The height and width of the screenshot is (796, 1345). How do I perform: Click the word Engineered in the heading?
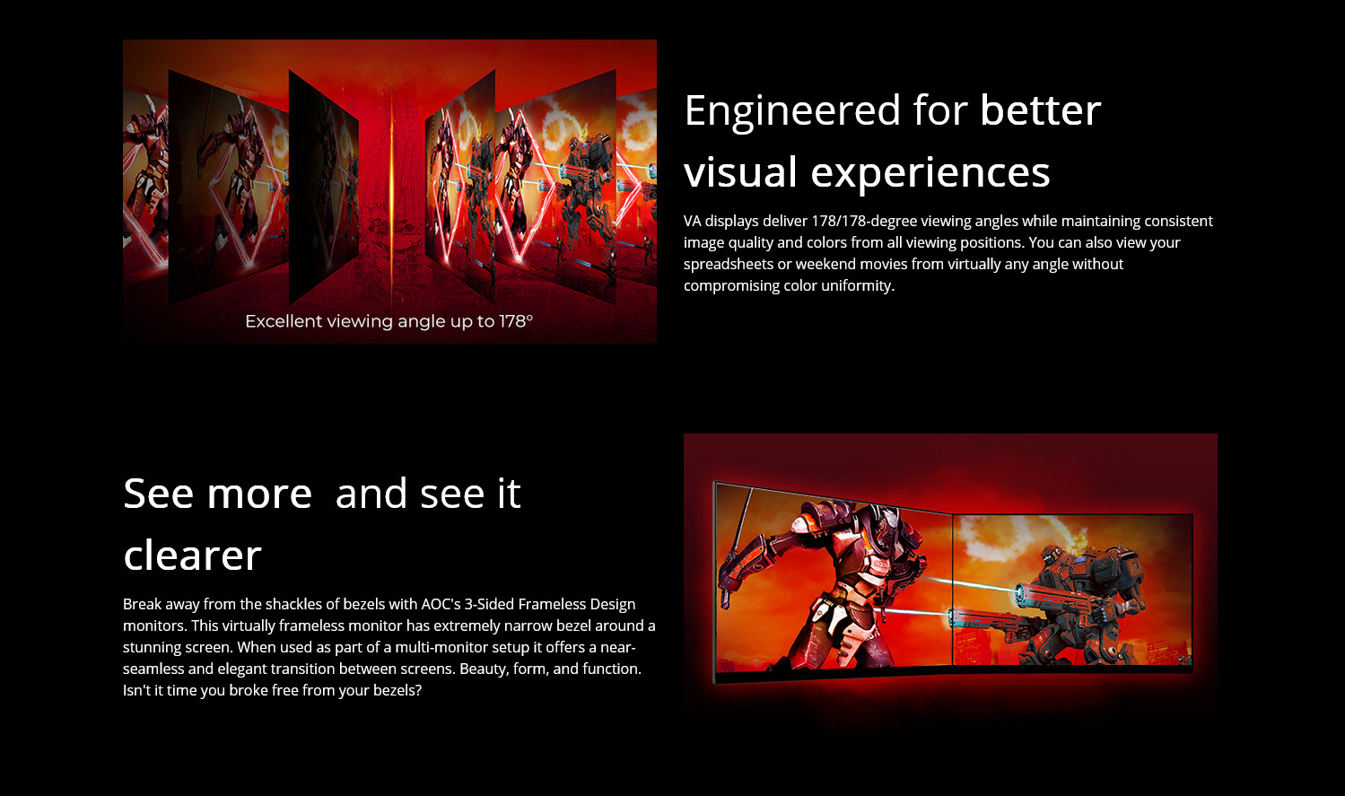pyautogui.click(x=792, y=111)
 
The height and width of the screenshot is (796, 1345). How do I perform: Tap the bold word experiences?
pyautogui.click(x=930, y=173)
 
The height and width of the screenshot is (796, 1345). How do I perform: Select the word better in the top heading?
pyautogui.click(x=1041, y=110)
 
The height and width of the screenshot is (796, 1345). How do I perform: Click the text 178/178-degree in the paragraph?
pyautogui.click(x=864, y=222)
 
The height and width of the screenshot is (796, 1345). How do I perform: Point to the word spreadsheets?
pyautogui.click(x=729, y=265)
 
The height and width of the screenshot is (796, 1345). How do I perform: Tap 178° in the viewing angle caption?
pyautogui.click(x=516, y=321)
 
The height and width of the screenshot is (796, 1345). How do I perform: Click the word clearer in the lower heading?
pyautogui.click(x=192, y=555)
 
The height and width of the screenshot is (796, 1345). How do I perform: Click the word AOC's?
pyautogui.click(x=441, y=604)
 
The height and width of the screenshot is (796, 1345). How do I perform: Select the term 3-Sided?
pyautogui.click(x=489, y=604)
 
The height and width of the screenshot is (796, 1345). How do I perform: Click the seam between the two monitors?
pyautogui.click(x=952, y=590)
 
